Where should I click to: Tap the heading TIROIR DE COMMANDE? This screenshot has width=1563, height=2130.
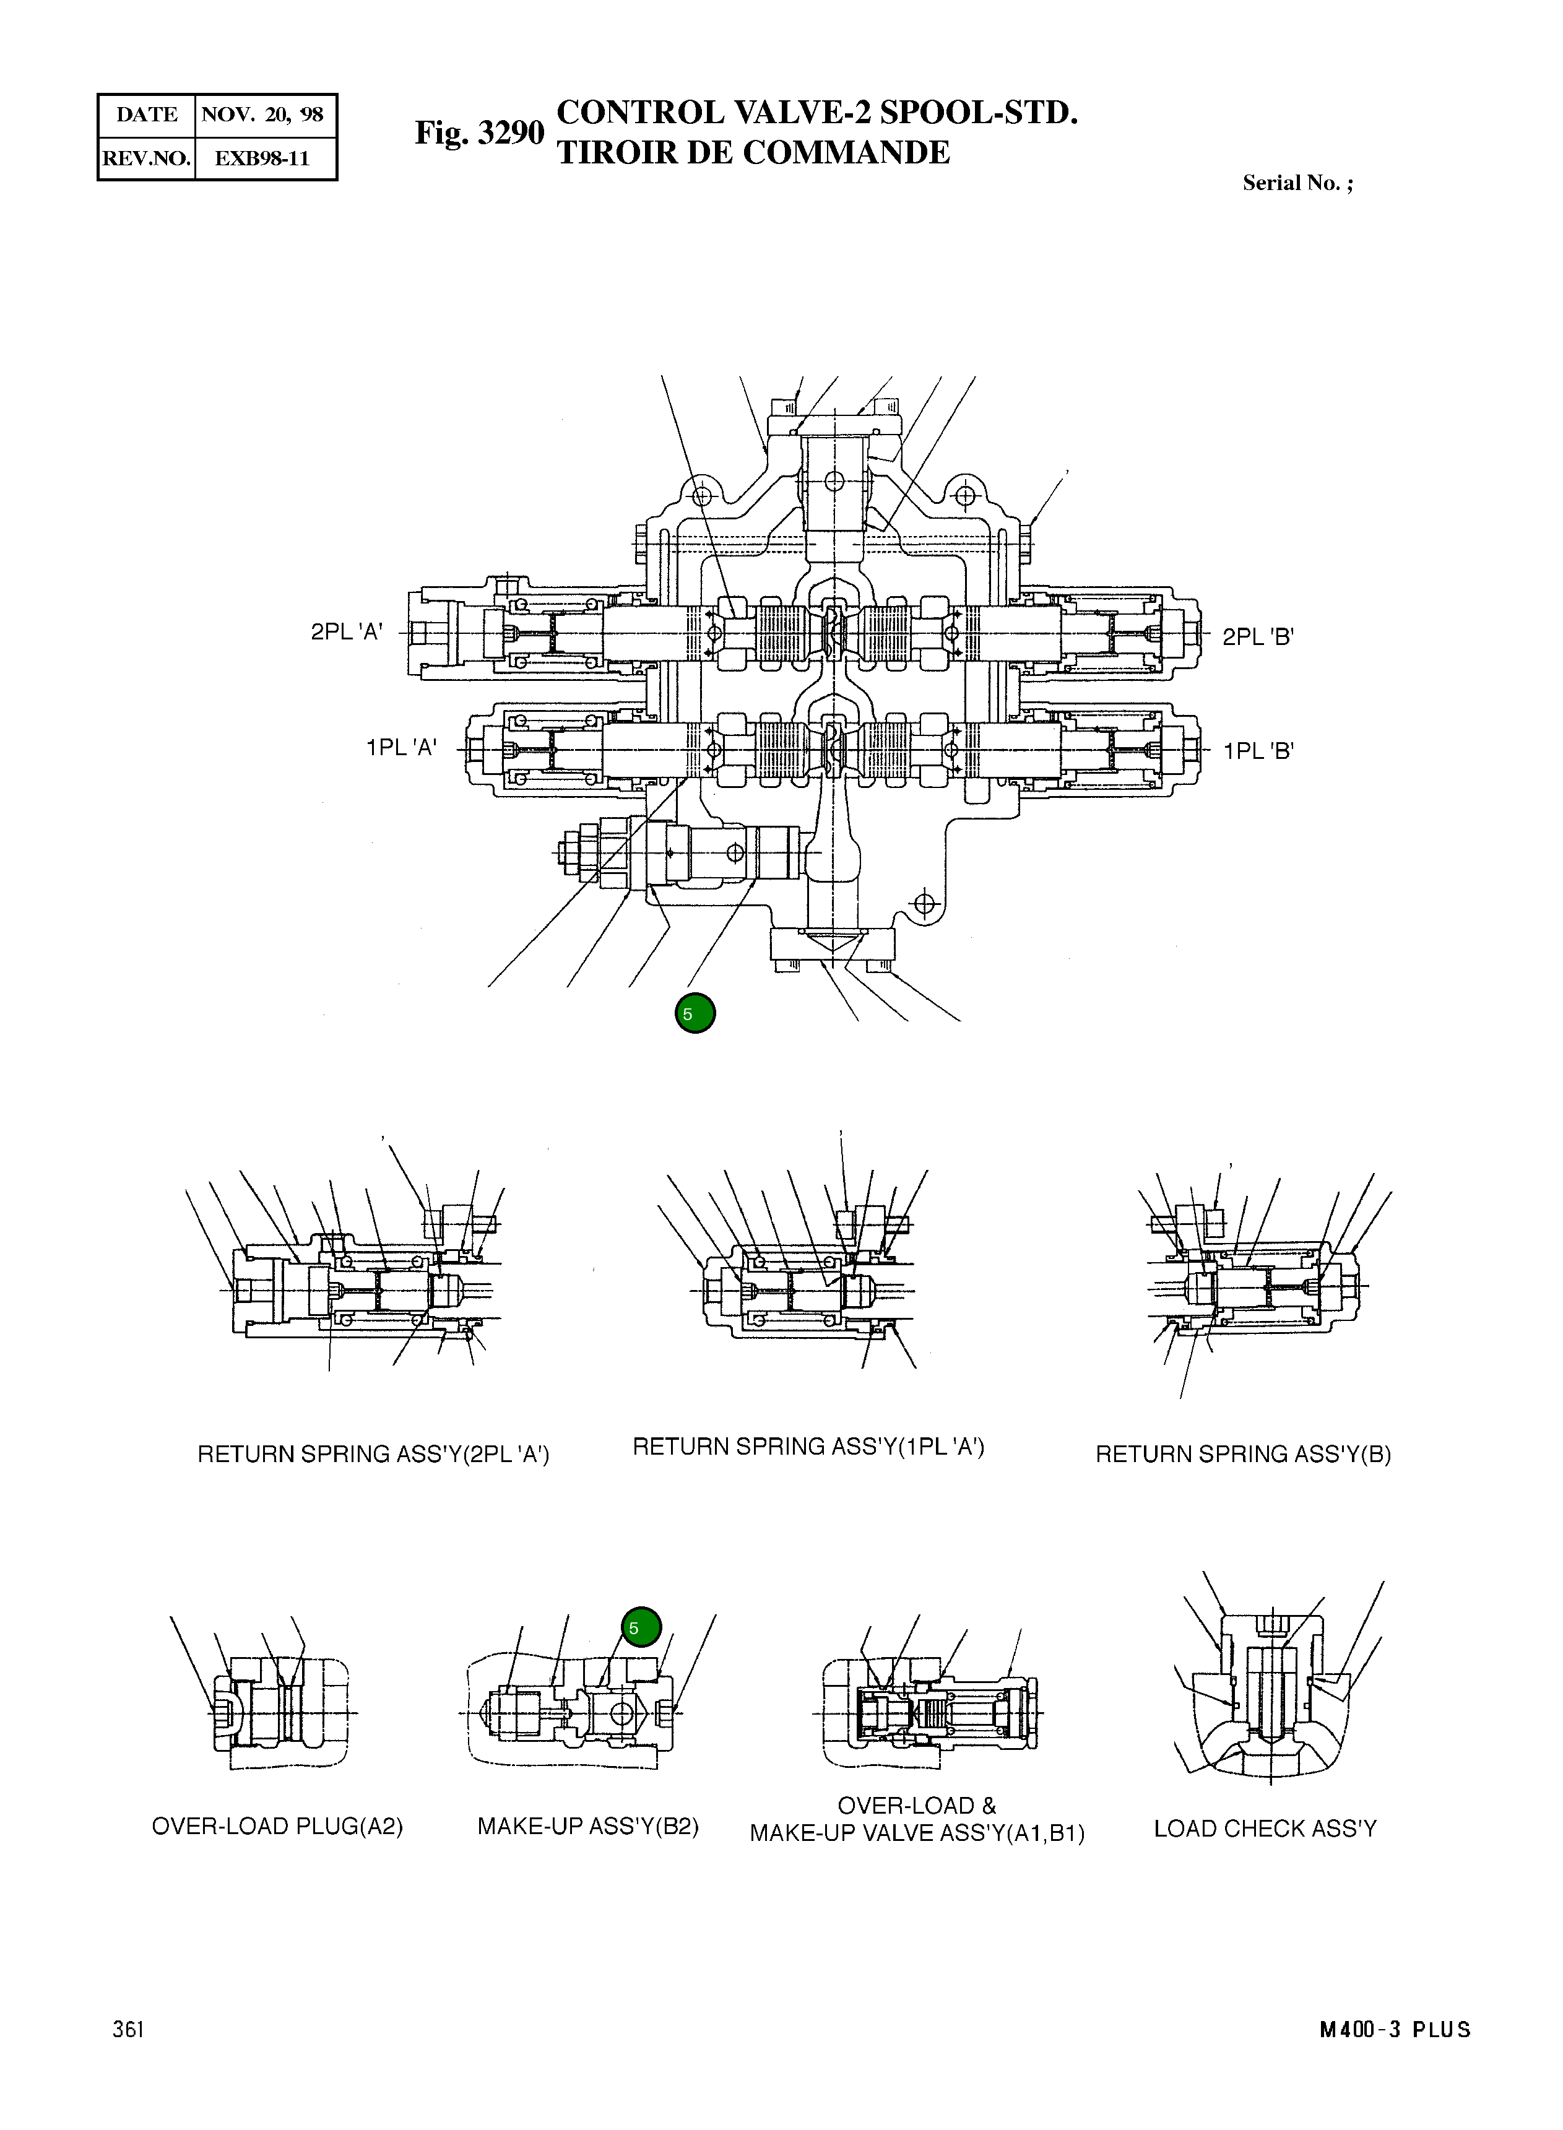[x=753, y=152]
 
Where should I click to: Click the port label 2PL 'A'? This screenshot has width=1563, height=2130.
[x=346, y=632]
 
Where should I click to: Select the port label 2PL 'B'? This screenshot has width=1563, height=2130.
[x=1257, y=637]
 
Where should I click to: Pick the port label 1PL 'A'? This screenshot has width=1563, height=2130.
[x=401, y=748]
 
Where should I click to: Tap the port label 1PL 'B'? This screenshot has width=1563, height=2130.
[x=1257, y=751]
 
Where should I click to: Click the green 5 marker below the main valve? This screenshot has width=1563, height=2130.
[x=695, y=1013]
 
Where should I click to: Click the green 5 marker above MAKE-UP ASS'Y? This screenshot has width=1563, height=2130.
[x=641, y=1627]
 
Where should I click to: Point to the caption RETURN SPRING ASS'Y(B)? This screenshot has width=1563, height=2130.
[x=1242, y=1455]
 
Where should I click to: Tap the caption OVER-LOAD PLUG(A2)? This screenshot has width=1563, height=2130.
[x=277, y=1826]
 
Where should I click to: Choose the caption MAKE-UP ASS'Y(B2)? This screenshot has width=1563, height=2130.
[x=587, y=1826]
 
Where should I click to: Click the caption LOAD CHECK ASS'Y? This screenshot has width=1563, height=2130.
[x=1265, y=1828]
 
